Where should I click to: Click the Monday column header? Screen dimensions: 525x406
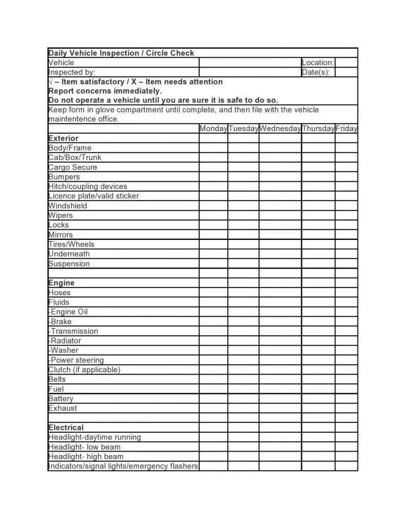pyautogui.click(x=213, y=129)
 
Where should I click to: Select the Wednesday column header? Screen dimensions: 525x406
pyautogui.click(x=280, y=129)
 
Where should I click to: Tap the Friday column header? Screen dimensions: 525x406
pyautogui.click(x=346, y=129)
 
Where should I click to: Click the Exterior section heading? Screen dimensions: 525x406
pyautogui.click(x=63, y=138)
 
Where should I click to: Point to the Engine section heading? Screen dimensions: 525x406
pyautogui.click(x=61, y=283)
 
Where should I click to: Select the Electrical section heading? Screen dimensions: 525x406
pyautogui.click(x=66, y=428)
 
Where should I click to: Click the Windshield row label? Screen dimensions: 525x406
pyautogui.click(x=68, y=206)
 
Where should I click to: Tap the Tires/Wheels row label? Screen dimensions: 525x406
pyautogui.click(x=71, y=244)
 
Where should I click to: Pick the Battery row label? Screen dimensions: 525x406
pyautogui.click(x=61, y=398)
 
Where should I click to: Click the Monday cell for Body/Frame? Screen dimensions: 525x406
pyautogui.click(x=213, y=148)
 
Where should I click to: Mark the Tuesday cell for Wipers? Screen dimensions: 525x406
pyautogui.click(x=243, y=215)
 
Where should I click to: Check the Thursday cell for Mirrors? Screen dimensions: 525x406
pyautogui.click(x=318, y=235)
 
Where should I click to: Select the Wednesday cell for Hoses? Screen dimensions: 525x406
pyautogui.click(x=280, y=293)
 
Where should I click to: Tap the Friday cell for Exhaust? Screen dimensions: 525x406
pyautogui.click(x=346, y=408)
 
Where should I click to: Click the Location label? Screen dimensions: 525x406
pyautogui.click(x=318, y=63)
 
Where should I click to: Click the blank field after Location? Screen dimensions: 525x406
pyautogui.click(x=346, y=63)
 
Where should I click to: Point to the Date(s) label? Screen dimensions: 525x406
pyautogui.click(x=316, y=72)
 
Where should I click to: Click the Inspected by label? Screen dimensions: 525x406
pyautogui.click(x=72, y=72)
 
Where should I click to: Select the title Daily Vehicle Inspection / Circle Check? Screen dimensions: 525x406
pyautogui.click(x=121, y=53)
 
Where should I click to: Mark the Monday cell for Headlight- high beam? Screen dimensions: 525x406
pyautogui.click(x=213, y=456)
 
